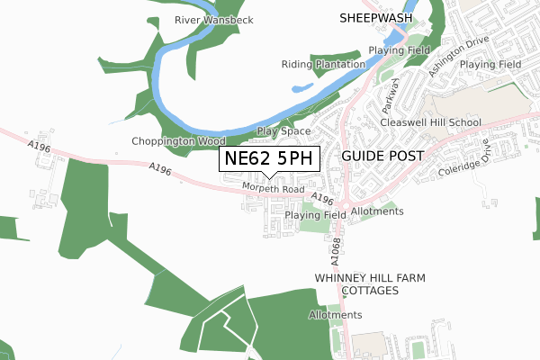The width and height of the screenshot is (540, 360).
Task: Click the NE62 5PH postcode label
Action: tap(269, 158)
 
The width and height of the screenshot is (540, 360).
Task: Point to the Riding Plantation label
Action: tap(323, 65)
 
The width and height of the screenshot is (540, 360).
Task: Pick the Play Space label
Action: tap(283, 131)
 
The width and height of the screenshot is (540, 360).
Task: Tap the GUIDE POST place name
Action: tap(382, 156)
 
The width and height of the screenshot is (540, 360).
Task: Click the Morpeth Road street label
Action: tap(273, 187)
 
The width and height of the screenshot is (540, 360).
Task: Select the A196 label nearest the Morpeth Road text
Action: tap(321, 198)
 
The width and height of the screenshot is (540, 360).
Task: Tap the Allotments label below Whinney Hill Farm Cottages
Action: tap(335, 315)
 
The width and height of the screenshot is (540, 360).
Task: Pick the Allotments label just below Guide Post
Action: tap(377, 211)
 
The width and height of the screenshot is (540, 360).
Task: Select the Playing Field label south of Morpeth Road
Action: tap(315, 216)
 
